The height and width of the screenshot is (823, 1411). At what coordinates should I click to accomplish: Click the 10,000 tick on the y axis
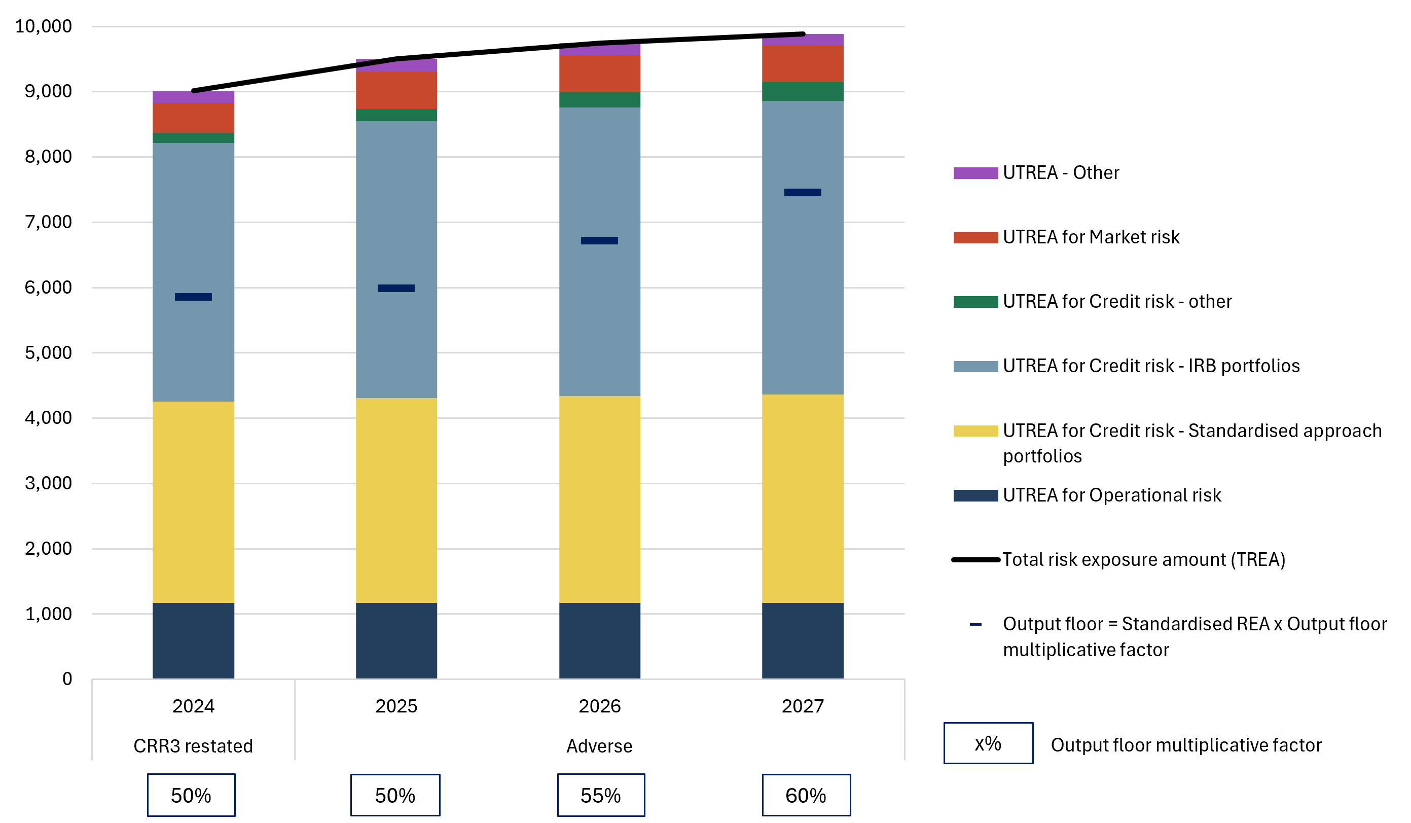pos(43,26)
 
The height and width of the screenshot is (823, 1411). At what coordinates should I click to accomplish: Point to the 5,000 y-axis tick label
pos(48,353)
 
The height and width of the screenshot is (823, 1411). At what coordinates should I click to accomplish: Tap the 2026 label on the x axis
pos(599,706)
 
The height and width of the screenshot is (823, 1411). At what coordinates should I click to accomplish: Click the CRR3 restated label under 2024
pos(193,746)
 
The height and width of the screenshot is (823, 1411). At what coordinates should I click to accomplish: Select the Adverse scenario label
pos(599,746)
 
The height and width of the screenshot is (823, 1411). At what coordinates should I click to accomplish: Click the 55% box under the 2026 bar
pos(601,796)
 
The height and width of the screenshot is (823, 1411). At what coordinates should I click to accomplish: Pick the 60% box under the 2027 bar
pos(806,796)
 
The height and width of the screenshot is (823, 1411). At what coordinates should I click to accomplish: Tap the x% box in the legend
pos(988,743)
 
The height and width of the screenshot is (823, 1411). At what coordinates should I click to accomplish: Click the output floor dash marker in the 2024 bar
pos(193,297)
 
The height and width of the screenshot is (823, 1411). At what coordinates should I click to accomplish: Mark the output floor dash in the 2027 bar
pos(803,193)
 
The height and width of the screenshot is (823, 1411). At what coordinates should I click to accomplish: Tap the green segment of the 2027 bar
pos(803,92)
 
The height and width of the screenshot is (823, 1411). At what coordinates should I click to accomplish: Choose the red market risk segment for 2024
pos(193,118)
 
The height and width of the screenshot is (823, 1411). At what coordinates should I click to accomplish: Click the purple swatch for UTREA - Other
pos(975,173)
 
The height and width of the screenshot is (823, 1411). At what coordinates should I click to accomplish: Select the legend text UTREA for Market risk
pos(1091,237)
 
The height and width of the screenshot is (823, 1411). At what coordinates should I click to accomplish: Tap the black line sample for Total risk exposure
pos(975,560)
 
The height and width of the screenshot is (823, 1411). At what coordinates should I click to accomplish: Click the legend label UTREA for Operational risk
pos(1111,495)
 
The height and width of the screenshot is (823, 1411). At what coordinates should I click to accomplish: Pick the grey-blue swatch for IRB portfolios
pos(975,367)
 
